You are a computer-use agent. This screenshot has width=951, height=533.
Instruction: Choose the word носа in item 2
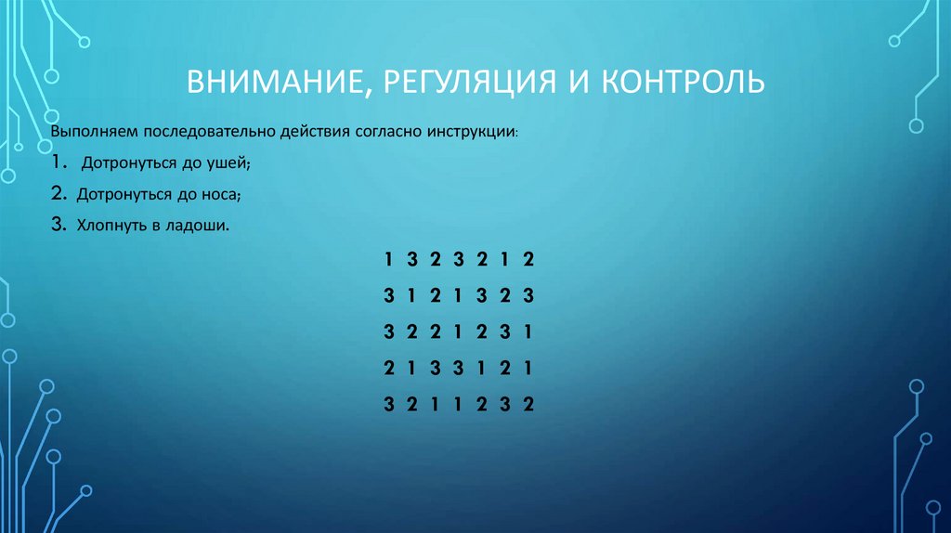coord(222,194)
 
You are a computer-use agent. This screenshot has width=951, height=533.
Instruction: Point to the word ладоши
coord(201,226)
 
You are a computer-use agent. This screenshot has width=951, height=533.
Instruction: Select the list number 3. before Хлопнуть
coord(58,225)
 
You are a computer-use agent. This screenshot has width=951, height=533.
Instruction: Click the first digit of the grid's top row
coord(388,259)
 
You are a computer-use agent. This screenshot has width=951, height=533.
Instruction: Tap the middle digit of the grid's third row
coord(458,331)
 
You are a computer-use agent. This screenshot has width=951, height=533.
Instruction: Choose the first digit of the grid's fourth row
coord(388,368)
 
